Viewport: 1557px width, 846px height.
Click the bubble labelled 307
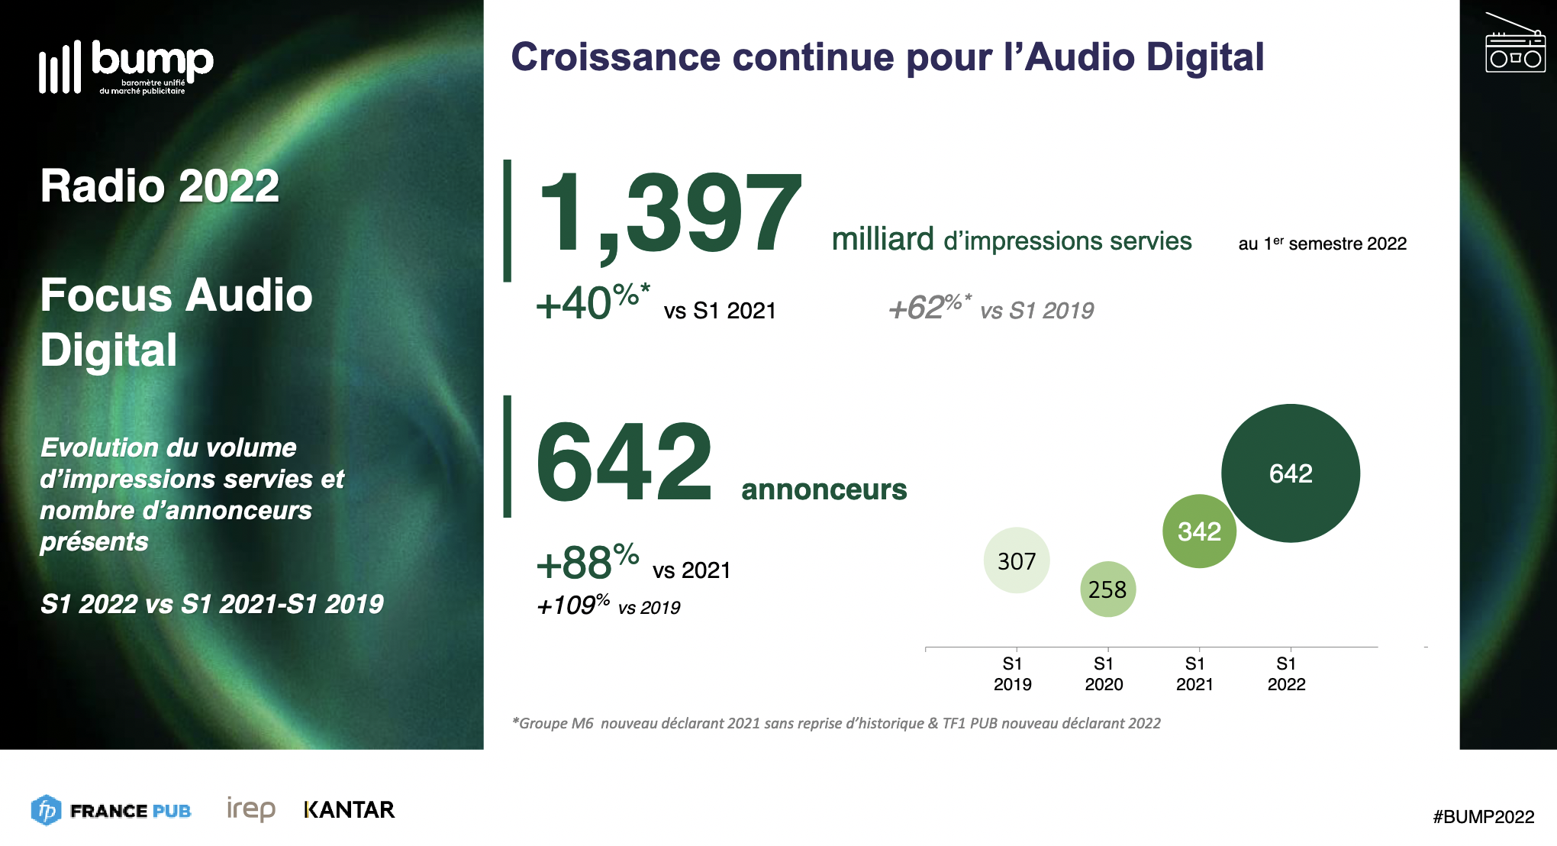1017,560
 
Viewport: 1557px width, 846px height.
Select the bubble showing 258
1107,589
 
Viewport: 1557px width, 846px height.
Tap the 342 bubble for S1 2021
1199,531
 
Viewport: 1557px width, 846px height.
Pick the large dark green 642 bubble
1291,473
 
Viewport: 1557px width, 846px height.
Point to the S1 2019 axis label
1012,673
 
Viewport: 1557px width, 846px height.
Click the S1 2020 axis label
1104,673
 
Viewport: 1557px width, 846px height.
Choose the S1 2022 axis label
1286,673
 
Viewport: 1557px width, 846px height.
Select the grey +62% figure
929,307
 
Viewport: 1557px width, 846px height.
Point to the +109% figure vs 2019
572,605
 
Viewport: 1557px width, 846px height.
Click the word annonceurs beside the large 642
824,489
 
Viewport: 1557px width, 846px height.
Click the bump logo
126,67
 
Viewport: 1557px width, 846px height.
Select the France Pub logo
111,810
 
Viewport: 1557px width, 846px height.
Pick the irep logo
251,809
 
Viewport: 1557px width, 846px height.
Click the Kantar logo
349,809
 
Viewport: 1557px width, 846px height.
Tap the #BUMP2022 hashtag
1483,816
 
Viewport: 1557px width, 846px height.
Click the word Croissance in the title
615,57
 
